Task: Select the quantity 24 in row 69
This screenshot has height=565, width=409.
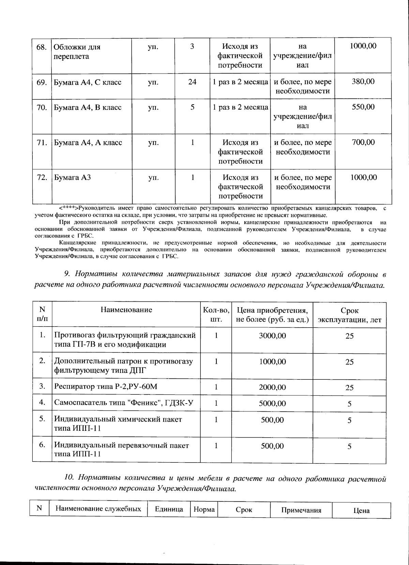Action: click(x=192, y=82)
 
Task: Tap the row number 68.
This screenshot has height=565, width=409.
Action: click(x=42, y=47)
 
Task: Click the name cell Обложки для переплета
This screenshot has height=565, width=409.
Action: click(x=77, y=51)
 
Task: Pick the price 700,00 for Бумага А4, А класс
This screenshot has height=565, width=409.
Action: click(x=363, y=142)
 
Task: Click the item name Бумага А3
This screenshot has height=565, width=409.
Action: click(x=72, y=177)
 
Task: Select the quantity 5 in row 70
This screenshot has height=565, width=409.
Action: click(x=192, y=107)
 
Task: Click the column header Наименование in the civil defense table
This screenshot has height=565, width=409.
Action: click(x=126, y=310)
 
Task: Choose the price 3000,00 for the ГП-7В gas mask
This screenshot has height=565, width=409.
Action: click(x=272, y=336)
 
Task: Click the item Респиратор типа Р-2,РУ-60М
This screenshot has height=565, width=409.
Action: click(x=106, y=387)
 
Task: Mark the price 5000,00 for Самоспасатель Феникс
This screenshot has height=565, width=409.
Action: click(x=272, y=404)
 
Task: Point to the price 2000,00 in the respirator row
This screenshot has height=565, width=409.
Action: click(x=272, y=388)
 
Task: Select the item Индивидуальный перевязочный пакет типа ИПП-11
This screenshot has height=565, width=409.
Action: click(x=121, y=450)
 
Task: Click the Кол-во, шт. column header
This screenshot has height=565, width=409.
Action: click(x=216, y=315)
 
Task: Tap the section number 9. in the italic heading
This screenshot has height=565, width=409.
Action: click(x=67, y=274)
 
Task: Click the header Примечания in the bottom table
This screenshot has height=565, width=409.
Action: click(x=301, y=510)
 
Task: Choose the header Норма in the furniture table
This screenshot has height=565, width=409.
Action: click(x=204, y=509)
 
